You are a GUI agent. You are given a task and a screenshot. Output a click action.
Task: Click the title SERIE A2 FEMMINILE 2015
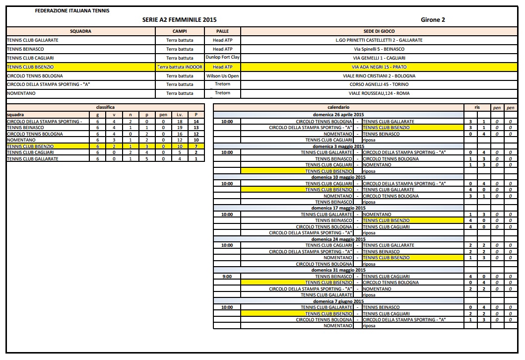coord(179,20)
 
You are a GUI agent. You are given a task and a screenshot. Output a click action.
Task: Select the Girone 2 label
coord(433,20)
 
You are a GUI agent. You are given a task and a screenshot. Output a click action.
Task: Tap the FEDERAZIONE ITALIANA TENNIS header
coord(73,10)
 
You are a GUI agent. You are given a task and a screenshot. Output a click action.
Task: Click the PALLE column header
coord(222,31)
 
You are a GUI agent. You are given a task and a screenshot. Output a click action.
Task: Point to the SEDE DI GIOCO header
coord(379,31)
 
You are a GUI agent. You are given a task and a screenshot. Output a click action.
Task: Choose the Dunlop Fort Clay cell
coord(222,58)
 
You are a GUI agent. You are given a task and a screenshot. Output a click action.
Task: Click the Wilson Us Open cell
coord(222,76)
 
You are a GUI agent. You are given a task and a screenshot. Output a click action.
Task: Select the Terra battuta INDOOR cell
coord(180,67)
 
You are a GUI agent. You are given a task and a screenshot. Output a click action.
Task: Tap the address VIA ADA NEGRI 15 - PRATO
coord(379,67)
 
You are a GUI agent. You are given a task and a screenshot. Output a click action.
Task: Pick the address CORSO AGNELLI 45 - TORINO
coord(379,84)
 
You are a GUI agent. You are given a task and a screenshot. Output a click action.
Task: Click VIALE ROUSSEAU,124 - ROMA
coord(379,93)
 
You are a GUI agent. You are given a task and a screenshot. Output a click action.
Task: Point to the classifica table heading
coord(105,107)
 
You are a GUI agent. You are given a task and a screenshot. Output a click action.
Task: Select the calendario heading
coord(338,107)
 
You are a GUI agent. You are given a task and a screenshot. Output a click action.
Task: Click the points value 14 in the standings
coord(197,122)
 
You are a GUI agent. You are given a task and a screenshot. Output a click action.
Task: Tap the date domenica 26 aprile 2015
coord(338,115)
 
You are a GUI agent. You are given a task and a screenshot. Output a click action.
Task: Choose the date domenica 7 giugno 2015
coord(338,301)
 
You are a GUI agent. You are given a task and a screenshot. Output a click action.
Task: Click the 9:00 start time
coord(227,277)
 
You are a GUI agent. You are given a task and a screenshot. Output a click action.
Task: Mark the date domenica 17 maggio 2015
coord(338,208)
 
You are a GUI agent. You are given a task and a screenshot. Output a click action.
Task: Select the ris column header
coord(477,107)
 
